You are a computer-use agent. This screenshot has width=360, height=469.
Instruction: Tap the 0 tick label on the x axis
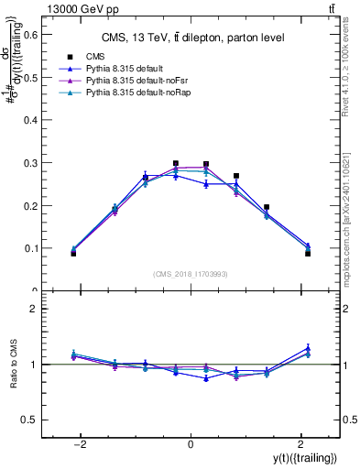click(190, 443)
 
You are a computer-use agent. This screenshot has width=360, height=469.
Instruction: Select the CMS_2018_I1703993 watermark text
click(190, 274)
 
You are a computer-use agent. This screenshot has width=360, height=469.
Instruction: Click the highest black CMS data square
click(175, 164)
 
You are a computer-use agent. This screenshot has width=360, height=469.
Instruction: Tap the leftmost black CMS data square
click(73, 253)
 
